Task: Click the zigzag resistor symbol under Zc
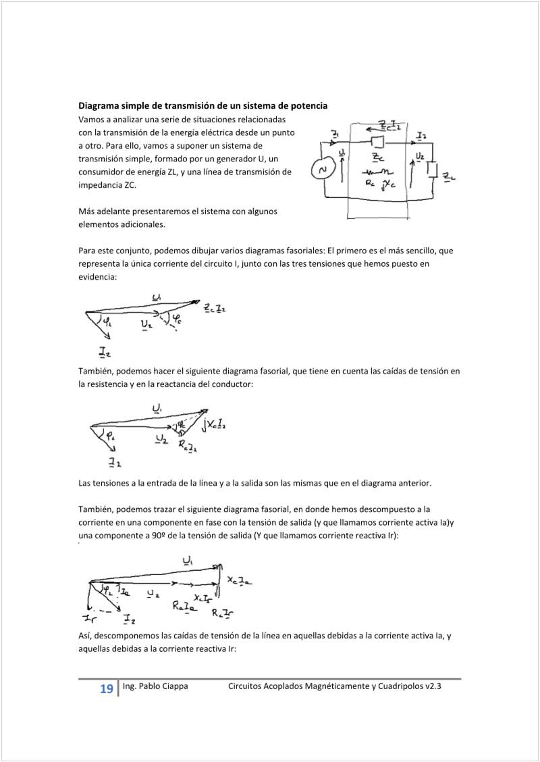coord(379,171)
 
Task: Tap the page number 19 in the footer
coord(106,689)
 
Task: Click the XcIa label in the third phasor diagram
coord(240,580)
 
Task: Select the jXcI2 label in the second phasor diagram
coord(214,424)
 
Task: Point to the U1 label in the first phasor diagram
coord(157,297)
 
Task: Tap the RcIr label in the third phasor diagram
coord(223,613)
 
